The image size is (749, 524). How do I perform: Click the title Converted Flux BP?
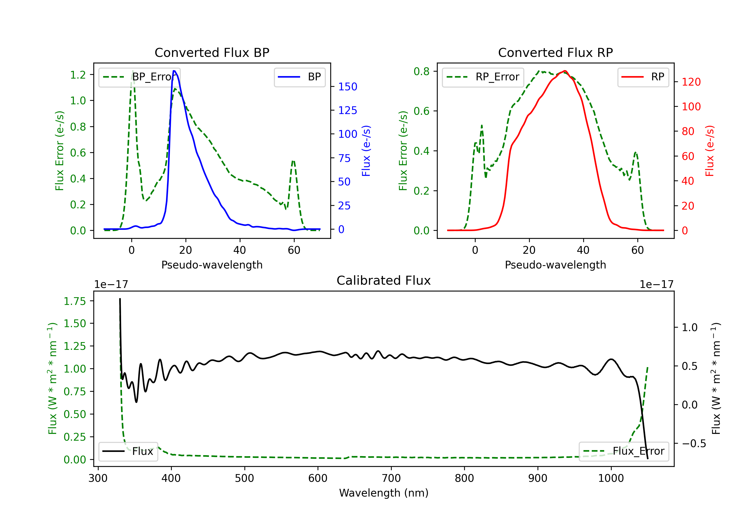tap(212, 52)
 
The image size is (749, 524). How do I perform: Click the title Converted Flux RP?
tap(555, 52)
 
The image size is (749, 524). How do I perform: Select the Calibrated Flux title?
tap(384, 280)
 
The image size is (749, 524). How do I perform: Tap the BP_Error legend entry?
tap(139, 77)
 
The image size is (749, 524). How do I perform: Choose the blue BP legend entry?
tap(299, 77)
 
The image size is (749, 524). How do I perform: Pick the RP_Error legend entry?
tap(483, 77)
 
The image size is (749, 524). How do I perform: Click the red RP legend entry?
tap(643, 77)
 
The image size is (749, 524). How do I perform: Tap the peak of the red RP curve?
tap(565, 71)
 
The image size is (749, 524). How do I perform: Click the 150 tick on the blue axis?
tap(348, 87)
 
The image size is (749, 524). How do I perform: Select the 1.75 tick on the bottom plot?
tap(75, 301)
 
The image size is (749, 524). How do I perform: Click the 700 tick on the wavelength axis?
tap(391, 478)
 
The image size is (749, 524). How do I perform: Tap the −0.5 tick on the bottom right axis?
tap(694, 443)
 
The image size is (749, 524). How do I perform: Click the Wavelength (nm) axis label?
tap(384, 493)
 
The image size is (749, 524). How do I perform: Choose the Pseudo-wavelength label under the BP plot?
tap(212, 265)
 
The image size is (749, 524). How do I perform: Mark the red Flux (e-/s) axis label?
tap(710, 151)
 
